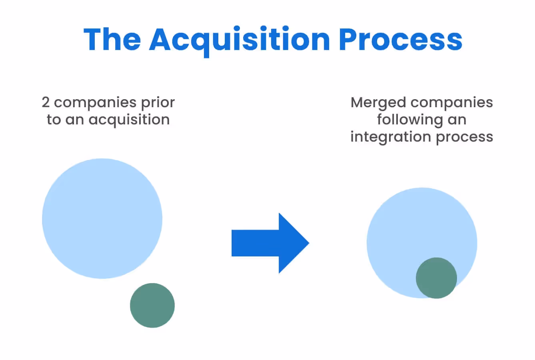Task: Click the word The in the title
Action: click(112, 39)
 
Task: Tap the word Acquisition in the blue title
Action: click(239, 39)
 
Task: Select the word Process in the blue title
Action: click(400, 39)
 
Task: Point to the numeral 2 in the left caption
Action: click(46, 102)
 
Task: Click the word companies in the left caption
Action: click(95, 103)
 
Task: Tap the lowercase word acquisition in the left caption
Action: click(129, 120)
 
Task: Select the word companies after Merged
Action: click(452, 103)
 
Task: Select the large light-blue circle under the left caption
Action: click(102, 218)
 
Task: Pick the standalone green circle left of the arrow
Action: click(152, 306)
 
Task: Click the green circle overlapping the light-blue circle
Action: click(436, 278)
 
